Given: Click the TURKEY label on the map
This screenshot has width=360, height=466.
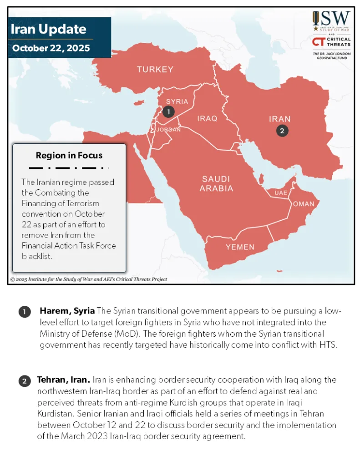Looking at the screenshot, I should (x=155, y=70).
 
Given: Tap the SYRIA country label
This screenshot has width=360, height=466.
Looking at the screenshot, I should (x=177, y=101).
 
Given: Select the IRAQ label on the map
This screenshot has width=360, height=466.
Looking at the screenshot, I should (x=207, y=119).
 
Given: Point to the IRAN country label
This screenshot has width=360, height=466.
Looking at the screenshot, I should (x=279, y=119).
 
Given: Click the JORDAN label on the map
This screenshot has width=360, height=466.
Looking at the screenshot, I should (x=168, y=130).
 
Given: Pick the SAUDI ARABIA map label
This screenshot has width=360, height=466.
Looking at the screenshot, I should (x=217, y=183).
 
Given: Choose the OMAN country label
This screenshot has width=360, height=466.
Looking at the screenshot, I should (x=304, y=204).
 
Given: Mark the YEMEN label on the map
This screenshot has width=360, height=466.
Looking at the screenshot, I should (x=240, y=247).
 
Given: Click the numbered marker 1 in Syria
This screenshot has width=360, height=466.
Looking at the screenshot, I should (x=168, y=111).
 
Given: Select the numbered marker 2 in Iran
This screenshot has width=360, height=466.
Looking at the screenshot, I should (x=282, y=131).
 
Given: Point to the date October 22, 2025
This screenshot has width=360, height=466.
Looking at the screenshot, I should (x=51, y=48).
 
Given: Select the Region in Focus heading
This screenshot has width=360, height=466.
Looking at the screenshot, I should (x=69, y=156).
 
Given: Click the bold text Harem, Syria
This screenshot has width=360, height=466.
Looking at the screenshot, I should (x=67, y=311).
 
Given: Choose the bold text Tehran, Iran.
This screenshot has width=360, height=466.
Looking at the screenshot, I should (x=64, y=380).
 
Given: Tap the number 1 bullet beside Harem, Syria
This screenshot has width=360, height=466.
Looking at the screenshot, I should (x=24, y=312).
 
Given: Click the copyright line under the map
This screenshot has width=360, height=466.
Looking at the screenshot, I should (x=89, y=279).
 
